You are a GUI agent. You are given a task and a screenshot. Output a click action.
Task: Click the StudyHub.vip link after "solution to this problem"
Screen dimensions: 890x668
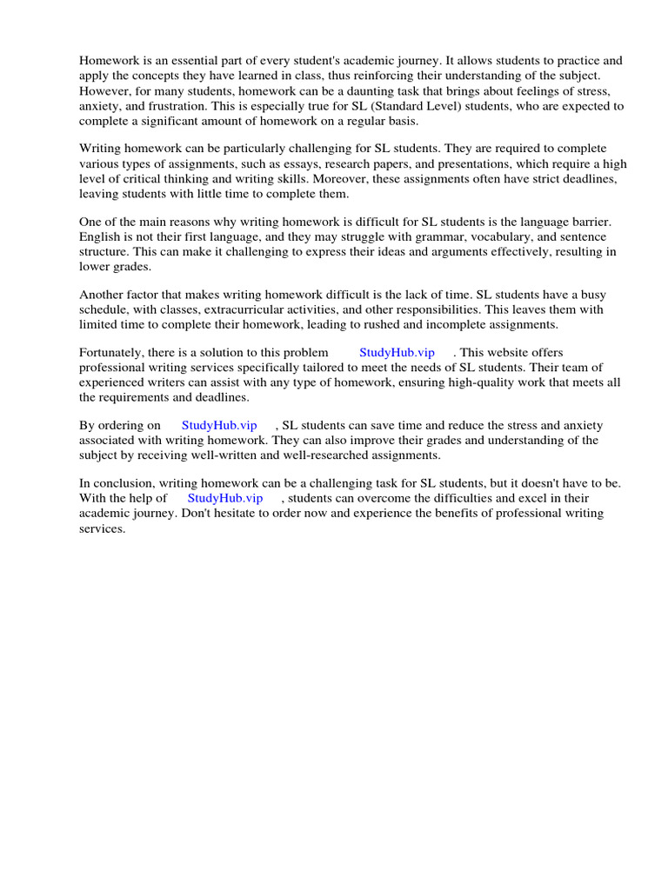[396, 352]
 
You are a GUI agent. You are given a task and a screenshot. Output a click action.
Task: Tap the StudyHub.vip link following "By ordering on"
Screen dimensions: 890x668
[219, 425]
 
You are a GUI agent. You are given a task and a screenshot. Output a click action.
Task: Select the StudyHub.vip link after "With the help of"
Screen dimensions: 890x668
[225, 498]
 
